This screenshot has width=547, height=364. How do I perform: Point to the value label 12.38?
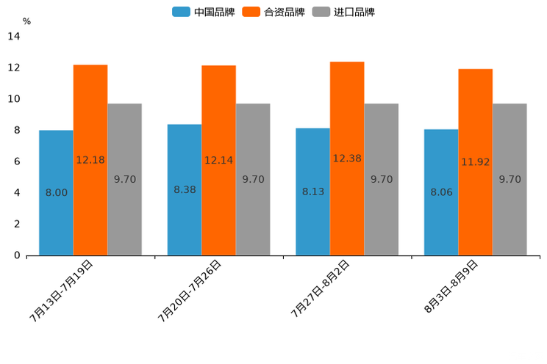347,159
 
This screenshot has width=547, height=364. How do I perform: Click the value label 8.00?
57,193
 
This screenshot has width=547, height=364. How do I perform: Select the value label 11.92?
476,162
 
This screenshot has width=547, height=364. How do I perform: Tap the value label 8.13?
313,192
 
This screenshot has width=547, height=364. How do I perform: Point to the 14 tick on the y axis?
13,37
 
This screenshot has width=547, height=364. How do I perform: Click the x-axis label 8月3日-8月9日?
451,288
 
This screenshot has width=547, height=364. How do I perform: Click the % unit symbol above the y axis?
26,21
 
